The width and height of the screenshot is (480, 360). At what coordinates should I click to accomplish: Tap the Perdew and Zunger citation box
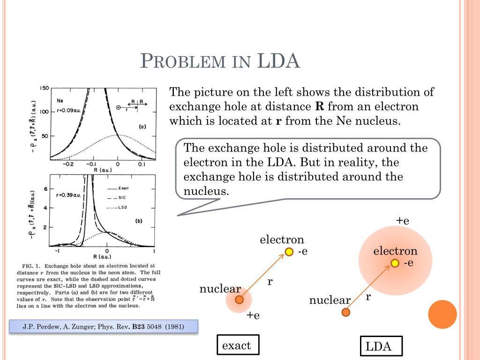tap(104, 326)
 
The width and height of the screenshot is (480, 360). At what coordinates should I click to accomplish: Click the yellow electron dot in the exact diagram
tap(289, 252)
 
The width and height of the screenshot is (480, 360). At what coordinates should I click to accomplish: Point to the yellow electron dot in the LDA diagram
tap(395, 263)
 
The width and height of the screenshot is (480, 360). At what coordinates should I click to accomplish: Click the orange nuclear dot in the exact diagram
tap(239, 300)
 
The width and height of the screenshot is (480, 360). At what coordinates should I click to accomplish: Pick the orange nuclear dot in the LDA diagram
tap(346, 312)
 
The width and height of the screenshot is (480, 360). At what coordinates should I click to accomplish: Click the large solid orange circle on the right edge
tap(442, 314)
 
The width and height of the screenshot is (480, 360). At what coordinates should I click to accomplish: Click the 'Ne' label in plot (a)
tap(60, 100)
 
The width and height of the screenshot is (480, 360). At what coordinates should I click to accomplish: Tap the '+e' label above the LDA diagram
tap(403, 221)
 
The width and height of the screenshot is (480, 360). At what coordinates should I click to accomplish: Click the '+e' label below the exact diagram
tap(254, 315)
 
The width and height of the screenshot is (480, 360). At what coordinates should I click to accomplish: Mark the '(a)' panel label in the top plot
tap(142, 127)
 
